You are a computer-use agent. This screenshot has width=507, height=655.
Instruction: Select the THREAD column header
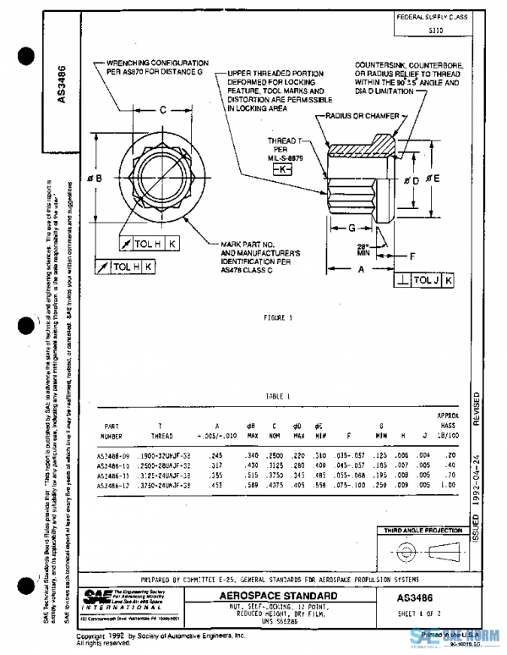click(x=161, y=437)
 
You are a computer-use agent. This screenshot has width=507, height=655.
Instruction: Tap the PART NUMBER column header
click(x=113, y=432)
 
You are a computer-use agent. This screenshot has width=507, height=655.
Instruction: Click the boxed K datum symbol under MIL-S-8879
click(x=280, y=170)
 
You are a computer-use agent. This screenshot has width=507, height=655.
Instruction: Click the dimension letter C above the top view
click(x=163, y=108)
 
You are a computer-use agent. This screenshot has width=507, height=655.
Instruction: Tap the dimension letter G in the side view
click(x=346, y=228)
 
